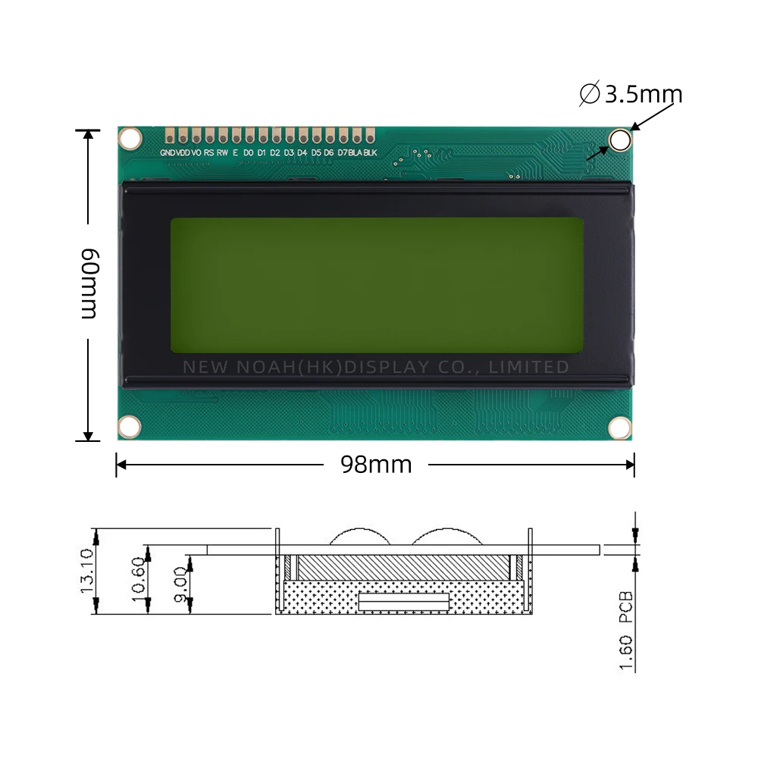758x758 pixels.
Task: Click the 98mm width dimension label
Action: pos(376,464)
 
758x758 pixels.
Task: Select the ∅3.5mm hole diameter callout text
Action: pos(631,95)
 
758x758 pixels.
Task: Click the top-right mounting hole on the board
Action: pos(620,140)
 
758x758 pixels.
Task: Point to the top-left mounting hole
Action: pos(131,139)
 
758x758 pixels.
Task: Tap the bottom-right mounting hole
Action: pos(620,428)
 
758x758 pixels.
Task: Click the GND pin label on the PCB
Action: pos(168,153)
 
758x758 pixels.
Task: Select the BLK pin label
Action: pos(370,153)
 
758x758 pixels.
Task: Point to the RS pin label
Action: pos(208,153)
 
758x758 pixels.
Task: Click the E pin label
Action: pos(235,153)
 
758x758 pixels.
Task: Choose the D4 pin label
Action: pos(302,153)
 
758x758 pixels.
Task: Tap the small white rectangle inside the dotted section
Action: pos(404,602)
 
